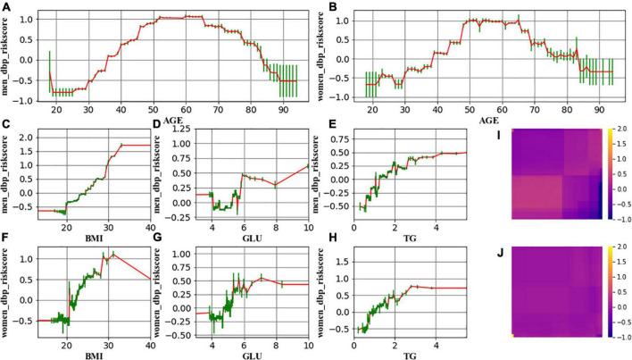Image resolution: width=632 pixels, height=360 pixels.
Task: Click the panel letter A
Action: [7, 7]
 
